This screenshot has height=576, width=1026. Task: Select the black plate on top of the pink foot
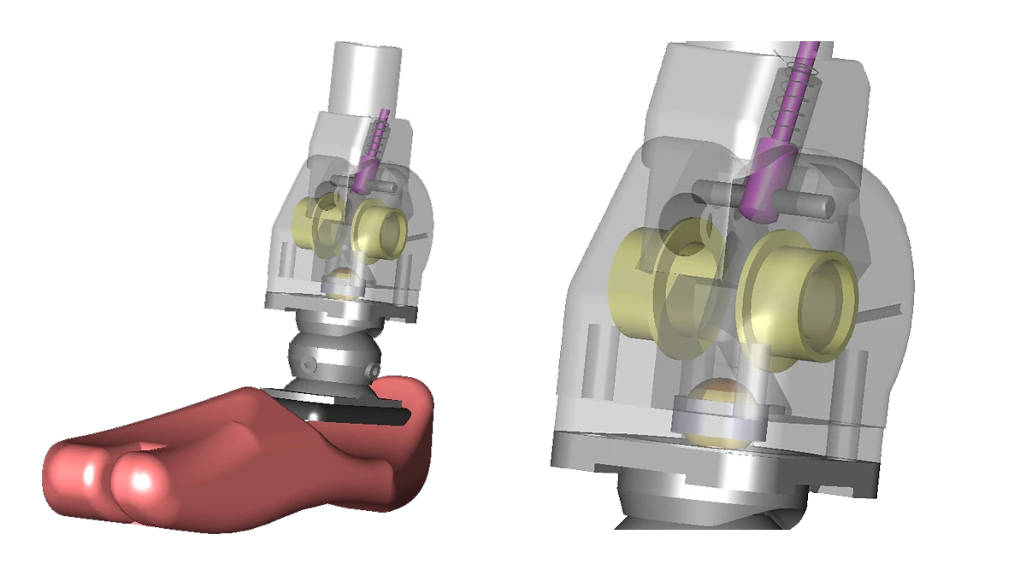click(x=359, y=413)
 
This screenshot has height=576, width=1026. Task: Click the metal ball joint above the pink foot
click(x=333, y=359)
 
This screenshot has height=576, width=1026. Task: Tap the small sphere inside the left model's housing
click(x=342, y=282)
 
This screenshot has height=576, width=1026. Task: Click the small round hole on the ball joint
click(x=310, y=366)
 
